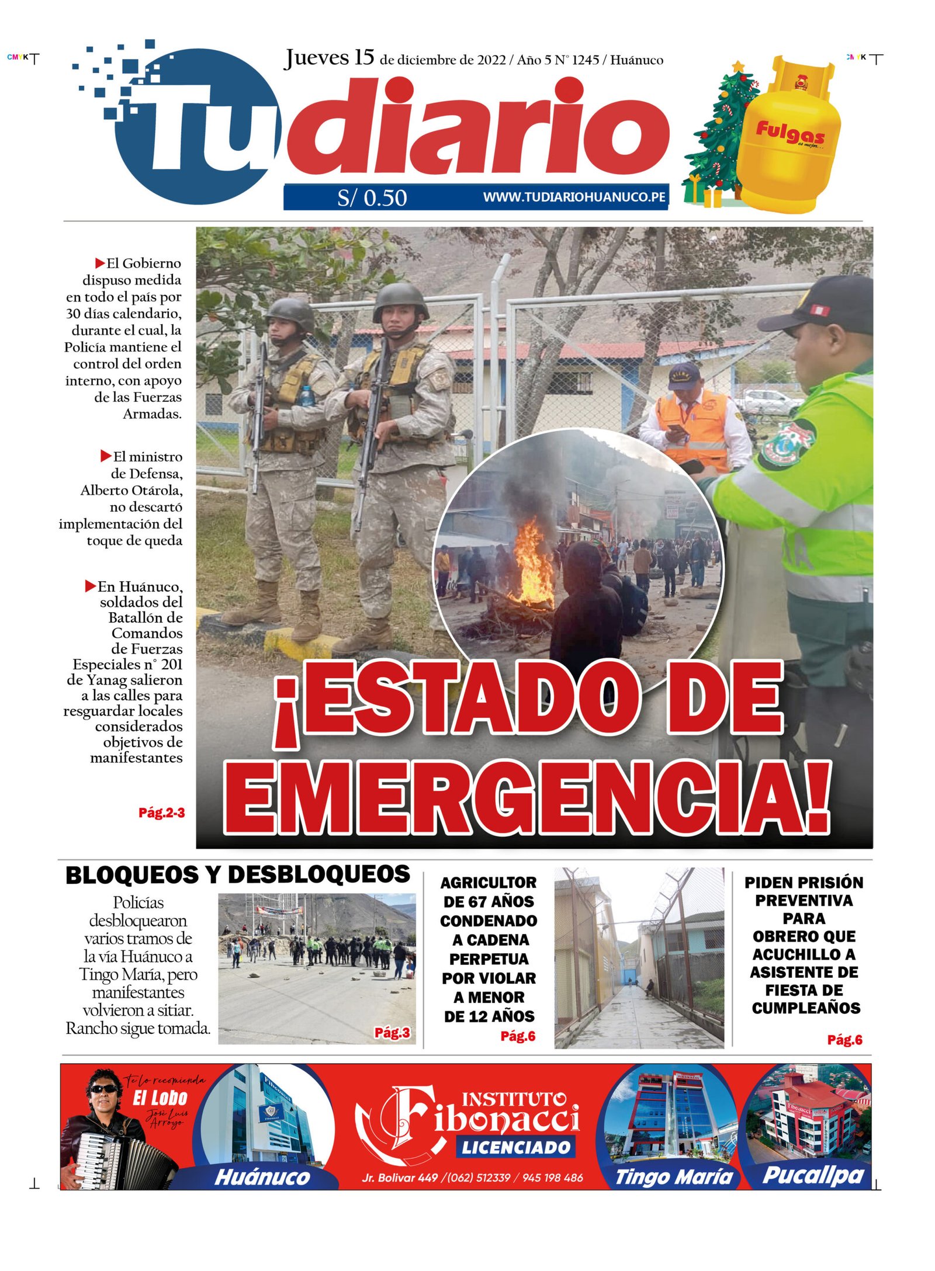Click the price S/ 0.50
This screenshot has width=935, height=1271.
point(372,198)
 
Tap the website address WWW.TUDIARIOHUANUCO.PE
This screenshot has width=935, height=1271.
point(574,197)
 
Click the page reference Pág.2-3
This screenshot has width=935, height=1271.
point(161,812)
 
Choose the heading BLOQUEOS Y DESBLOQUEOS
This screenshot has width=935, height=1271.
point(237,875)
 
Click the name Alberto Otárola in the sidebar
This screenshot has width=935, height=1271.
point(131,490)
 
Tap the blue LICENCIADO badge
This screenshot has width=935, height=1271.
point(515,1147)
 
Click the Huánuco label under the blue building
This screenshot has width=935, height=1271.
point(262,1177)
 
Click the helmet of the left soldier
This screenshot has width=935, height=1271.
point(290,314)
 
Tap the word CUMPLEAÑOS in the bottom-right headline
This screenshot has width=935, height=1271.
point(806,1008)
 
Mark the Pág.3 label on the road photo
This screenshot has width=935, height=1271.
point(392,1033)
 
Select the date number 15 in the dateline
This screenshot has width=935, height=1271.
point(364,58)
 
